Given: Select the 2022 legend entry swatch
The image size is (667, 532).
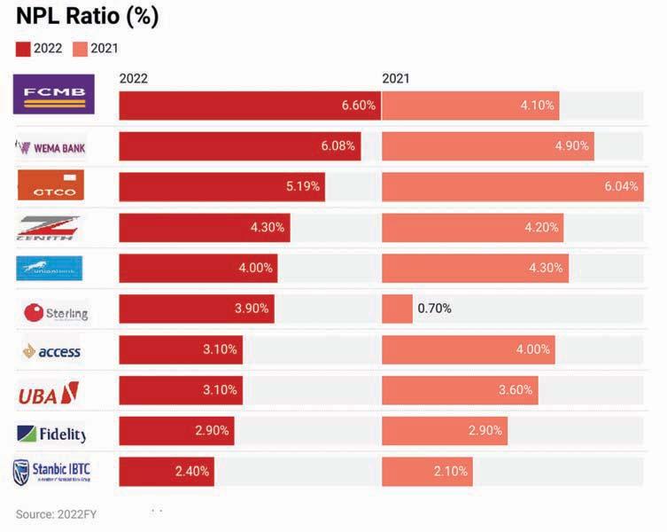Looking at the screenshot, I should click(23, 49).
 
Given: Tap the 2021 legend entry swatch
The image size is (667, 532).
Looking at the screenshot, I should click(81, 49).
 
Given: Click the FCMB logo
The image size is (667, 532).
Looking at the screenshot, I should click(54, 94).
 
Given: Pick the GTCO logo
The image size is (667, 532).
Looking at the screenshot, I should click(51, 186).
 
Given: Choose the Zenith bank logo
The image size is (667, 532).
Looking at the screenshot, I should click(50, 227).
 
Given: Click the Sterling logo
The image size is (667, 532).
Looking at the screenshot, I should click(56, 312).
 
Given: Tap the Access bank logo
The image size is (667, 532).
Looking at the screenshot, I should click(51, 351).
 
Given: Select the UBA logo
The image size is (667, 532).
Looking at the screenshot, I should click(49, 392).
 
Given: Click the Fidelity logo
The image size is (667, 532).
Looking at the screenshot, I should click(51, 434).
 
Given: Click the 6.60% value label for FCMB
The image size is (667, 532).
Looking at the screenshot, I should click(359, 105).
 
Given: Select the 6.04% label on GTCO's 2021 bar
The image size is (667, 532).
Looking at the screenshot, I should click(620, 186).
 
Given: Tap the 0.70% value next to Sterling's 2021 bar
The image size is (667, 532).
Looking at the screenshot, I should click(434, 309).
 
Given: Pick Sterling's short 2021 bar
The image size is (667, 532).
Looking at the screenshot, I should click(397, 309).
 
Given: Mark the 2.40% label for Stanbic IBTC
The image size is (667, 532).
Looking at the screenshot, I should click(192, 472).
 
